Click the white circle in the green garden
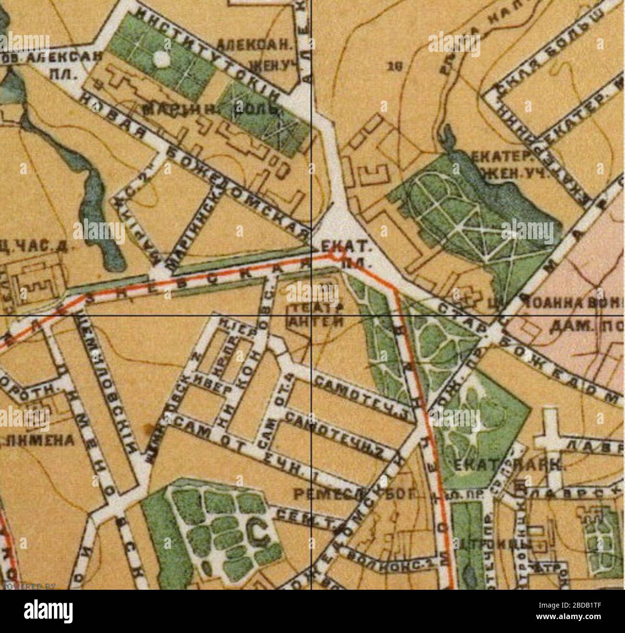(162, 60)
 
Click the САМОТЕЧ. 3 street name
(363, 397)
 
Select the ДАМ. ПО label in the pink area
(582, 327)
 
